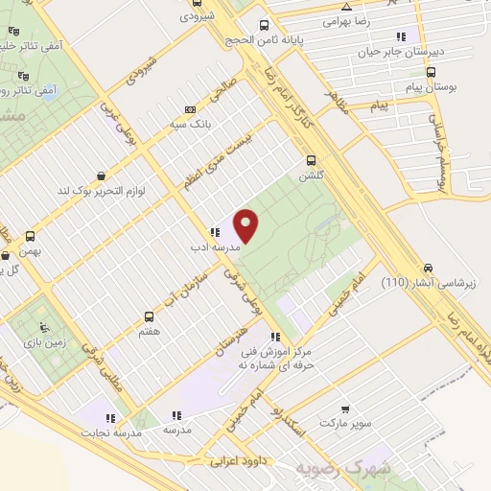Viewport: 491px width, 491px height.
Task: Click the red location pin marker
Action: (x=247, y=224)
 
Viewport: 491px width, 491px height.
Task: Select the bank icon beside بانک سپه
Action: (x=190, y=109)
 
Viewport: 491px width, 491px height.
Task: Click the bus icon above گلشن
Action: (x=310, y=161)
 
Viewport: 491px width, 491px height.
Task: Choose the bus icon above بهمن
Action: (x=32, y=236)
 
